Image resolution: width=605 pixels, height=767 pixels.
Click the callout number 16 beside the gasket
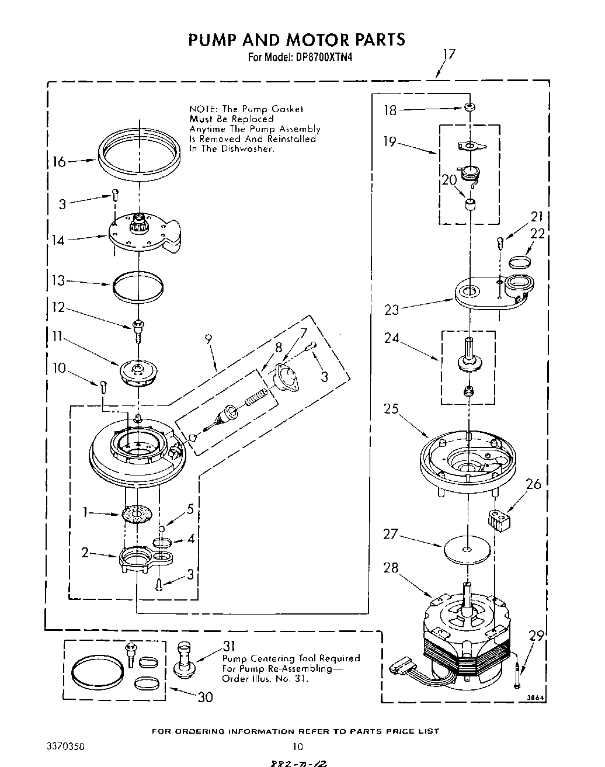coord(60,161)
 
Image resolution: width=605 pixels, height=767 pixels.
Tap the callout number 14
coord(58,240)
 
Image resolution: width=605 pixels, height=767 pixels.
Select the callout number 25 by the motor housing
coord(391,408)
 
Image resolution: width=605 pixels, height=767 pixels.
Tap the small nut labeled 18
coord(468,107)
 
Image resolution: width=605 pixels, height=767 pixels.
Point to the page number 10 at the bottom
coord(298,747)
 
